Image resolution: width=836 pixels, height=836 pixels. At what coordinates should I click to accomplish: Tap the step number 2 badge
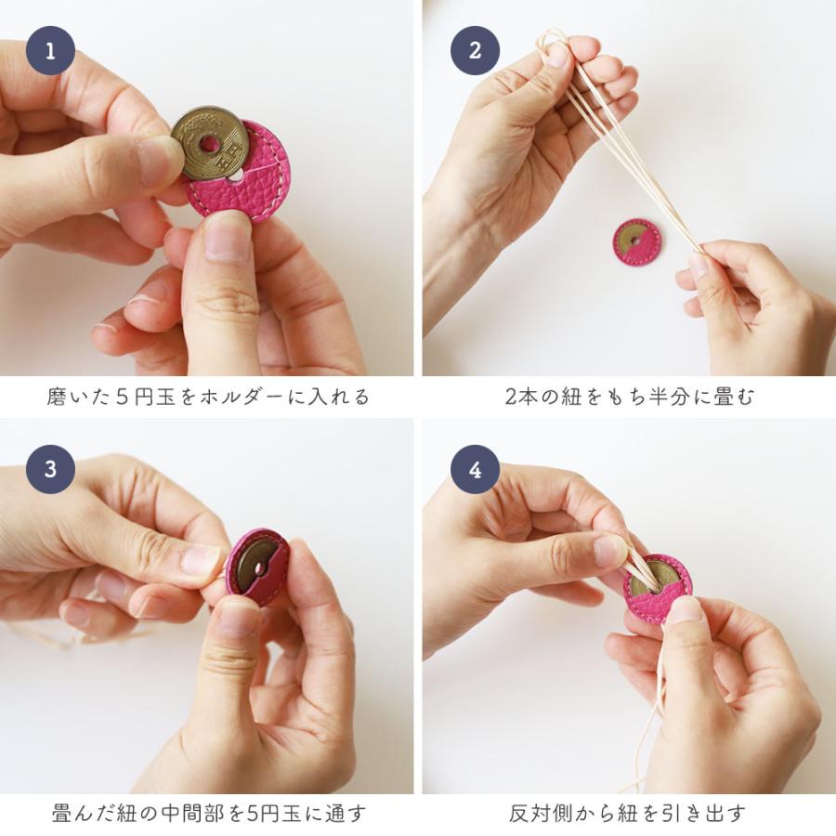click(x=475, y=50)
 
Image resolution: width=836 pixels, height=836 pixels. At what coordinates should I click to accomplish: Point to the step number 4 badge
click(x=475, y=468)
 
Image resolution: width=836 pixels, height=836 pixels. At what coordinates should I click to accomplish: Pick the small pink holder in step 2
click(x=636, y=242)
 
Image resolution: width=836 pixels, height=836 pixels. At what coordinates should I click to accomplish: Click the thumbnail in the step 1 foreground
click(x=228, y=237)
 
